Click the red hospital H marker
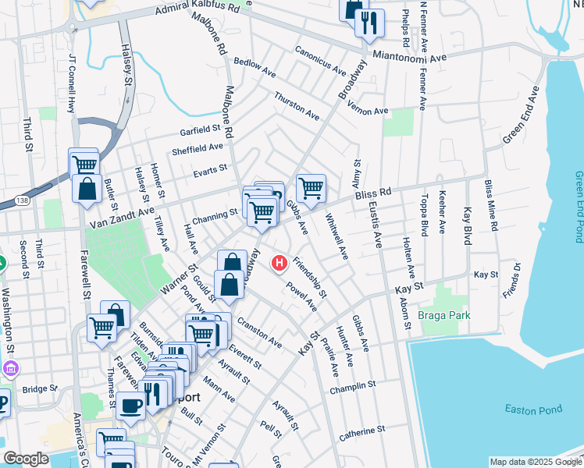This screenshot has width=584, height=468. pyautogui.click(x=279, y=264)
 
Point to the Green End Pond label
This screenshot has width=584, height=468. pyautogui.click(x=579, y=207)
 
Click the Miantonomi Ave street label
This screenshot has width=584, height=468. pyautogui.click(x=407, y=57)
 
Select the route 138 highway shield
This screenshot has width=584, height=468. pyautogui.click(x=23, y=200)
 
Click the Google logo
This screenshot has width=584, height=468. pyautogui.click(x=26, y=459)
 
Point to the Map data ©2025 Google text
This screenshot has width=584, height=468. pyautogui.click(x=535, y=462)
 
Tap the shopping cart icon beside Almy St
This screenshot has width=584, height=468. pyautogui.click(x=311, y=188)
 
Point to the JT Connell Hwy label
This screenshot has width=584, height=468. pyautogui.click(x=72, y=83)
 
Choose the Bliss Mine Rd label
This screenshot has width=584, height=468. pyautogui.click(x=490, y=205)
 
